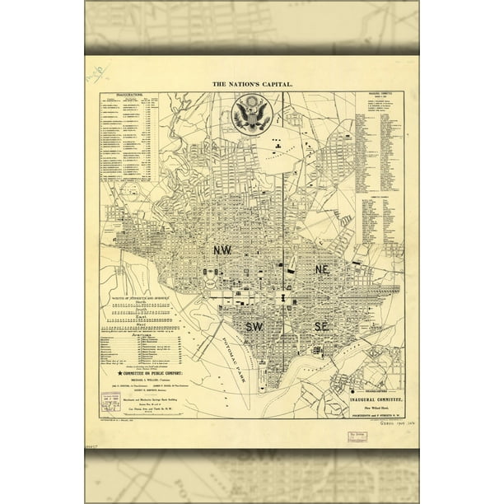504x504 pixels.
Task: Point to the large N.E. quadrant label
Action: tap(323, 269)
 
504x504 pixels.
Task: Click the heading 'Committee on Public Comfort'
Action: tap(153, 394)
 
